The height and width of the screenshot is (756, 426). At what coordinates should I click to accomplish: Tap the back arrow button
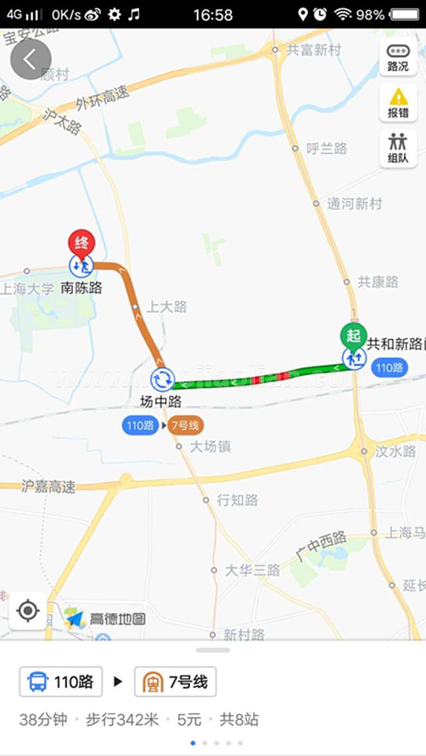(31, 59)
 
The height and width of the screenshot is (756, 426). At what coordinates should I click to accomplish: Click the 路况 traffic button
(398, 58)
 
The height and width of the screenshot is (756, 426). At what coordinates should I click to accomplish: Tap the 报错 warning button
(398, 103)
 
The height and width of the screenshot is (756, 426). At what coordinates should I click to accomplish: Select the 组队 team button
(398, 148)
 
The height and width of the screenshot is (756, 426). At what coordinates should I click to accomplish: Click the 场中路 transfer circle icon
(162, 379)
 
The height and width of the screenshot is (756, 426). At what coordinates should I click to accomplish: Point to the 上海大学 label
(27, 289)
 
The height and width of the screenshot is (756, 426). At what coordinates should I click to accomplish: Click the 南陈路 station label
(81, 288)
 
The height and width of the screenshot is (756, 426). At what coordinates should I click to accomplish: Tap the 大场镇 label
(210, 447)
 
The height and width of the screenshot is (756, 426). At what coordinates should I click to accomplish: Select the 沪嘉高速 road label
(48, 486)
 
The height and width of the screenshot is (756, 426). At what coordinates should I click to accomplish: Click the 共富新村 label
(313, 50)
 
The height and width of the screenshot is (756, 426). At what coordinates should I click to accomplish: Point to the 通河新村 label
(354, 204)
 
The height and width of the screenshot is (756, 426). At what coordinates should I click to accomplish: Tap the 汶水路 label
(395, 451)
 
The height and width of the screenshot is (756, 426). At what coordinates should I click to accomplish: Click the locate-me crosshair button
(28, 610)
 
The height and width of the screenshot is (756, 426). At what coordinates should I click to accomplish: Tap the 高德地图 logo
(106, 619)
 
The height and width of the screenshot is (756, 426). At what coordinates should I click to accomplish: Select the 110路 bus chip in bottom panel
(61, 682)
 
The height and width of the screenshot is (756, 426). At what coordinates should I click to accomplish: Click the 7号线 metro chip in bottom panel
(176, 682)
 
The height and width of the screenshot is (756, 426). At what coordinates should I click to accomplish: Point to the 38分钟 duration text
(43, 719)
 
